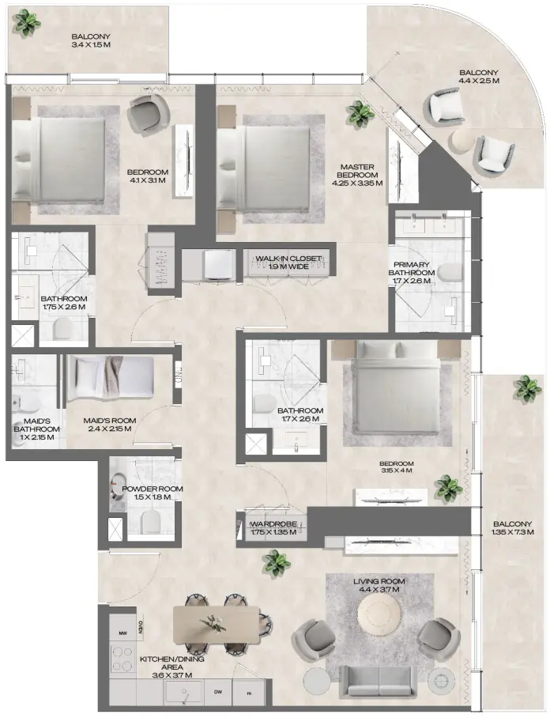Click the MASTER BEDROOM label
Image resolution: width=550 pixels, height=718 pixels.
357,175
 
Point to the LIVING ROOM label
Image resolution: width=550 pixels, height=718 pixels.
376,585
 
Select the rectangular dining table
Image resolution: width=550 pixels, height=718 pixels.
217,622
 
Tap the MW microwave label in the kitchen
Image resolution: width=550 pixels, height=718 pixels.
122,633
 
